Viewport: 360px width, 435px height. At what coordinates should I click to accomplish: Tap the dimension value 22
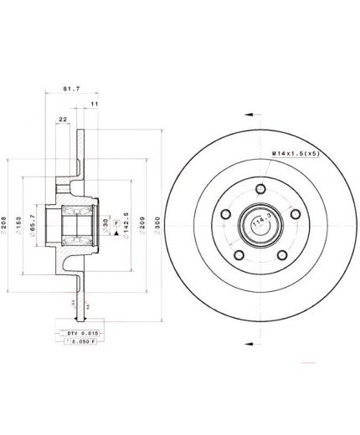[x=64, y=120]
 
